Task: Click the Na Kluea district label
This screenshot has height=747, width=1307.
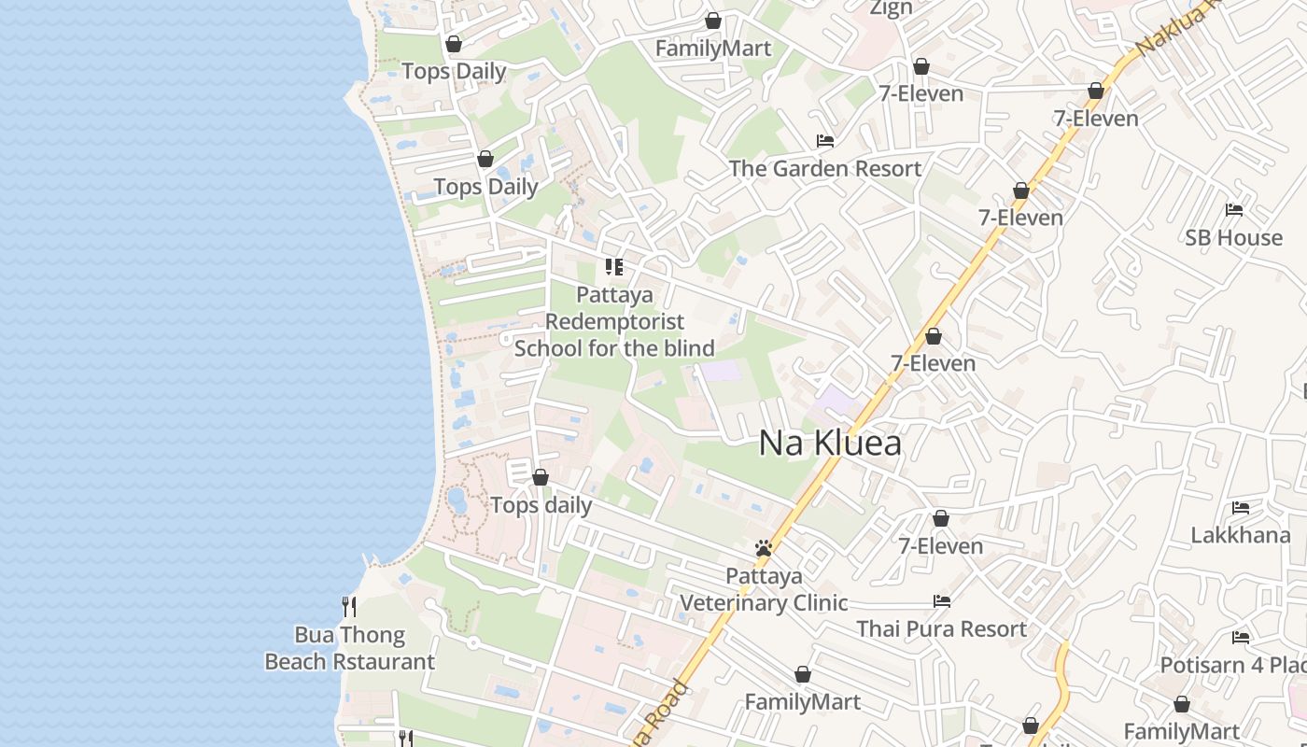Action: (x=830, y=443)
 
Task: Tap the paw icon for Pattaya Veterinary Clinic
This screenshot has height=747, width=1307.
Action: (x=764, y=548)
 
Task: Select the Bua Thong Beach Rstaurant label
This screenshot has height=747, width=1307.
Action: (x=349, y=648)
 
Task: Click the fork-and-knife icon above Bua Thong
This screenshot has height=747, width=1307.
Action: (x=348, y=607)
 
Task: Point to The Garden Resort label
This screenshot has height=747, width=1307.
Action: (x=824, y=169)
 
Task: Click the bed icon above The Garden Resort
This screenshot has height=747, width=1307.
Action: (x=825, y=141)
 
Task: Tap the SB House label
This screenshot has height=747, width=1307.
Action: (x=1233, y=237)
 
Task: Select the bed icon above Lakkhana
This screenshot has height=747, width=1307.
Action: (x=1241, y=508)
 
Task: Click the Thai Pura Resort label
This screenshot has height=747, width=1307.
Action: (x=942, y=628)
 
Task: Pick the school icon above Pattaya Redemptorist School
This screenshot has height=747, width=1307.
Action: (x=614, y=267)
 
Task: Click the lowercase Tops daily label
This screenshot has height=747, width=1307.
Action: (x=541, y=505)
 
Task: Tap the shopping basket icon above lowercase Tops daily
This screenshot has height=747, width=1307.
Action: (x=541, y=478)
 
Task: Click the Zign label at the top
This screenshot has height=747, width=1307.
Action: (x=891, y=7)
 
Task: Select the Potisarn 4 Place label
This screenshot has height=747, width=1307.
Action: (x=1232, y=665)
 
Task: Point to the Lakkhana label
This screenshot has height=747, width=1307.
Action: (x=1240, y=535)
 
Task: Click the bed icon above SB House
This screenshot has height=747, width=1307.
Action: (x=1234, y=210)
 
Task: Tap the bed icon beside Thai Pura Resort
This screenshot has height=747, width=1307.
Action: (x=942, y=601)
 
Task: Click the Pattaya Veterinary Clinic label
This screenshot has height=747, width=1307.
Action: (x=764, y=589)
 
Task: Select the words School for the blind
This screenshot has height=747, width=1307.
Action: (x=614, y=348)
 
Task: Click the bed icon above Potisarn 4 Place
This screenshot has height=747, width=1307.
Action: (x=1241, y=638)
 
